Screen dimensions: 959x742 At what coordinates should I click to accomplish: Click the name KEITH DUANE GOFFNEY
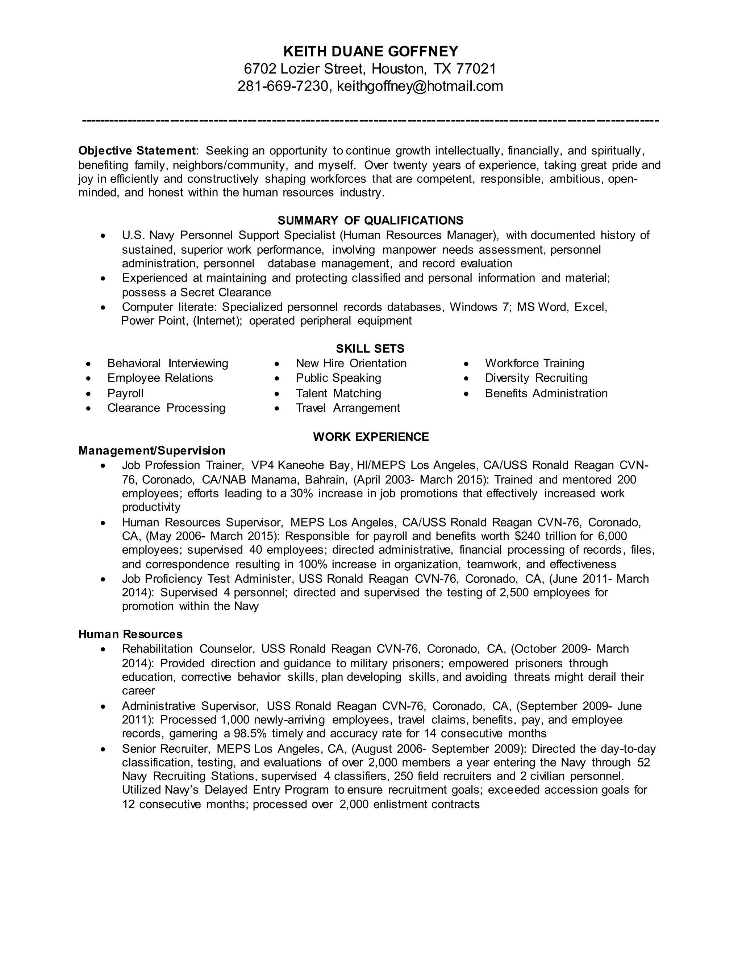click(x=371, y=51)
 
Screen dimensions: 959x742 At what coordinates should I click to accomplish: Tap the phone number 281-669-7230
click(x=283, y=86)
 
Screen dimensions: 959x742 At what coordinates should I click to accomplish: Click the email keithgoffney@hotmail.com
click(x=420, y=86)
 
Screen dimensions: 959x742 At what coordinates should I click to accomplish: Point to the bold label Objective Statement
click(x=137, y=151)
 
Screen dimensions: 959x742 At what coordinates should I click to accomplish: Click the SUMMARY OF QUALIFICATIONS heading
click(x=371, y=220)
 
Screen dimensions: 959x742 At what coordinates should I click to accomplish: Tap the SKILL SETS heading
click(x=370, y=348)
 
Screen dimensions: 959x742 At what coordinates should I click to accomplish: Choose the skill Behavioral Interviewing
click(x=167, y=364)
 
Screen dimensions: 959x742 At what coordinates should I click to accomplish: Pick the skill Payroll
click(x=125, y=393)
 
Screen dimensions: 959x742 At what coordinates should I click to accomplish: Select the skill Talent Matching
click(x=338, y=393)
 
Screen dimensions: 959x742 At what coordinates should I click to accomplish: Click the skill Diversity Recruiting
click(x=536, y=378)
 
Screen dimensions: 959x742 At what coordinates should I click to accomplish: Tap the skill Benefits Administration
click(x=546, y=393)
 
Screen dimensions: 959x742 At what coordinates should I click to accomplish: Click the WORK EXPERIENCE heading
click(x=371, y=436)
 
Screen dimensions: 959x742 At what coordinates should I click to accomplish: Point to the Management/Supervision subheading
click(x=152, y=451)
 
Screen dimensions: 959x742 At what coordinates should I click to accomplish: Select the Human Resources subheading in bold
click(x=130, y=634)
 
